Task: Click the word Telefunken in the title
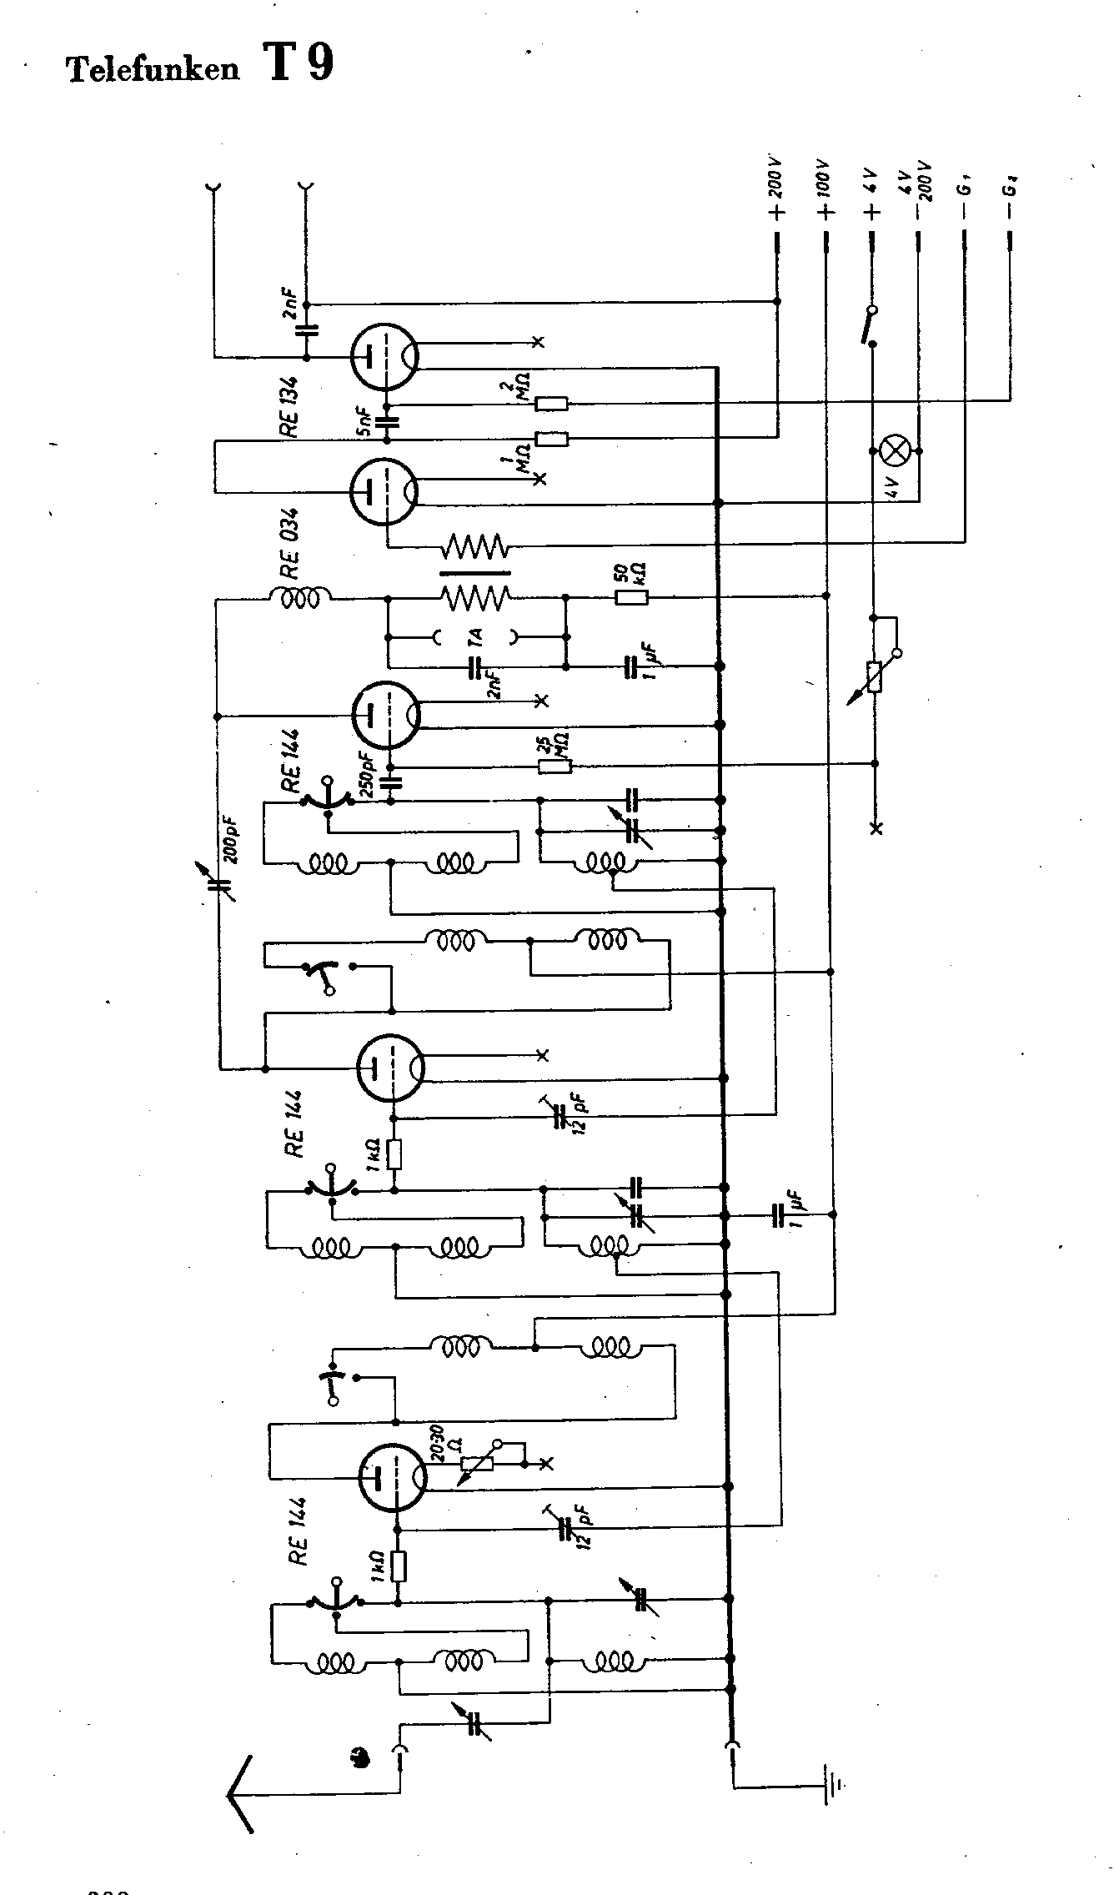coord(153,70)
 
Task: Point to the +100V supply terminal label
coord(825,190)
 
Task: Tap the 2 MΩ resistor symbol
coord(551,405)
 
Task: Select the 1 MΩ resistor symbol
coord(551,439)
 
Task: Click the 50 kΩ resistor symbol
coord(630,597)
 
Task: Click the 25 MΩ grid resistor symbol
coord(554,766)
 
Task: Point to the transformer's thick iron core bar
coord(474,573)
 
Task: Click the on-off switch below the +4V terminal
coord(871,324)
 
